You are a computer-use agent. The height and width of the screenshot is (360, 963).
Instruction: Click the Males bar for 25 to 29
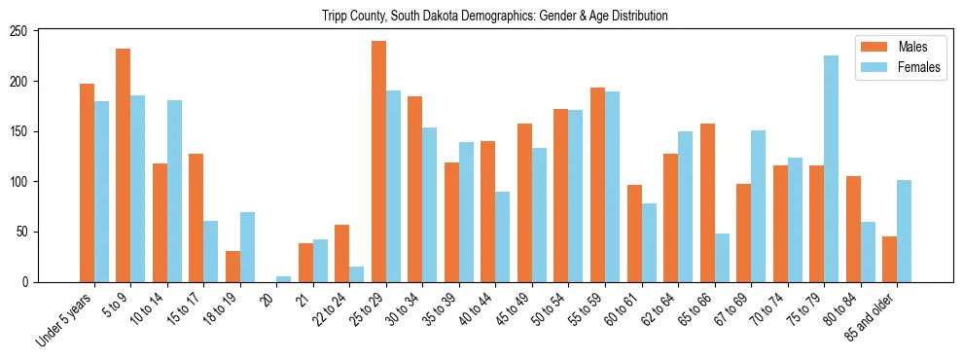tap(378, 161)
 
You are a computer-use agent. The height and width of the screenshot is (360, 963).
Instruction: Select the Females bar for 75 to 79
tap(831, 168)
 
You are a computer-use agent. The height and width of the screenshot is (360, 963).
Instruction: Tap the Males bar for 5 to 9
tap(123, 165)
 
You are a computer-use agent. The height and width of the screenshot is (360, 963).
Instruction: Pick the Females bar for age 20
tap(283, 279)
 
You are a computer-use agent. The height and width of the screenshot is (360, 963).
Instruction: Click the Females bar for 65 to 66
tap(722, 258)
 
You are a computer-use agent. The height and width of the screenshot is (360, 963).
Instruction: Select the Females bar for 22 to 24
tap(357, 274)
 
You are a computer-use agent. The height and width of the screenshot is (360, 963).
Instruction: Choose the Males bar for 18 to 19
tap(232, 267)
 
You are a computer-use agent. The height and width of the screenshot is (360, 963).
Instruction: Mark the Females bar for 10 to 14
tap(174, 191)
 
